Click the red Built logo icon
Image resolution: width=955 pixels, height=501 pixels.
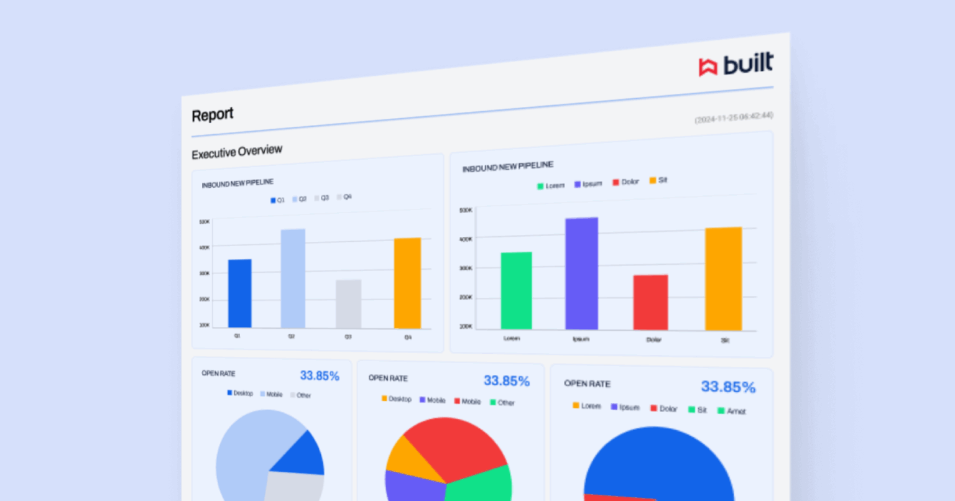(x=708, y=67)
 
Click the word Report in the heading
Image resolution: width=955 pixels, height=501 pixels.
(x=213, y=115)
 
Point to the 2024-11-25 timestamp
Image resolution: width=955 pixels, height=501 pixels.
(x=734, y=117)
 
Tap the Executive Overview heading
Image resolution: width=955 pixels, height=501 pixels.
(x=237, y=152)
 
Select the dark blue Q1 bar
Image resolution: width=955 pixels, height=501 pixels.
(x=240, y=293)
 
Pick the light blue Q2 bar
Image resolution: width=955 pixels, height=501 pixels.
(x=293, y=278)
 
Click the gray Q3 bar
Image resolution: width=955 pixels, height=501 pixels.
(x=348, y=304)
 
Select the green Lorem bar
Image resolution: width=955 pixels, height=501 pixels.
(x=516, y=290)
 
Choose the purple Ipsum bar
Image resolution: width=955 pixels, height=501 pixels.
(x=581, y=273)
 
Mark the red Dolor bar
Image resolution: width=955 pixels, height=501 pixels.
(x=650, y=302)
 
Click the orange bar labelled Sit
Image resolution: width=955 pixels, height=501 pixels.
(x=723, y=278)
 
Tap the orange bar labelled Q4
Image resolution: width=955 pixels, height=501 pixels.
(x=407, y=283)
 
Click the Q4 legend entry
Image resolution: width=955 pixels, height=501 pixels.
(x=344, y=197)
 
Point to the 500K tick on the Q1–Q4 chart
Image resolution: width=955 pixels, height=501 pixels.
(x=205, y=222)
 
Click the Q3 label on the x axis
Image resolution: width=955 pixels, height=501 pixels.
(x=348, y=337)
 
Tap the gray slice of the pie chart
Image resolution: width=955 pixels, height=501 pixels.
(x=293, y=486)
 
